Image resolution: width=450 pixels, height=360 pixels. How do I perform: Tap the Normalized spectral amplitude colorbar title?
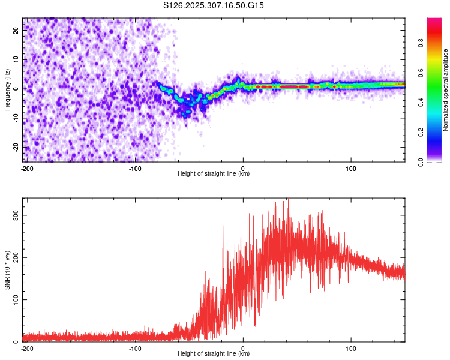pos(446,90)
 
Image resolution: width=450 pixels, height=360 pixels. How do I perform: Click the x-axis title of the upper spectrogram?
pos(214,173)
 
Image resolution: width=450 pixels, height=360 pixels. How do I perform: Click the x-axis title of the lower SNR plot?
pos(214,353)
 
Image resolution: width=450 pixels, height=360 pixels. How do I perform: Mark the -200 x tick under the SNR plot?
pos(26,348)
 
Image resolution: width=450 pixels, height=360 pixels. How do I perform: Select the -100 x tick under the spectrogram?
pos(134,168)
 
